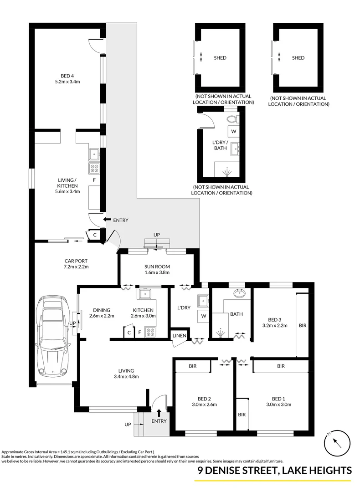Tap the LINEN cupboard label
click(179, 336)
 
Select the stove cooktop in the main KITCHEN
click(149, 332)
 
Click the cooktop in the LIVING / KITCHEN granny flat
click(94, 168)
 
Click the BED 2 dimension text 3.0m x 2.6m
click(204, 404)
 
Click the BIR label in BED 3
click(303, 326)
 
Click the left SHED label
click(220, 58)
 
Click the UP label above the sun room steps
click(157, 235)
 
